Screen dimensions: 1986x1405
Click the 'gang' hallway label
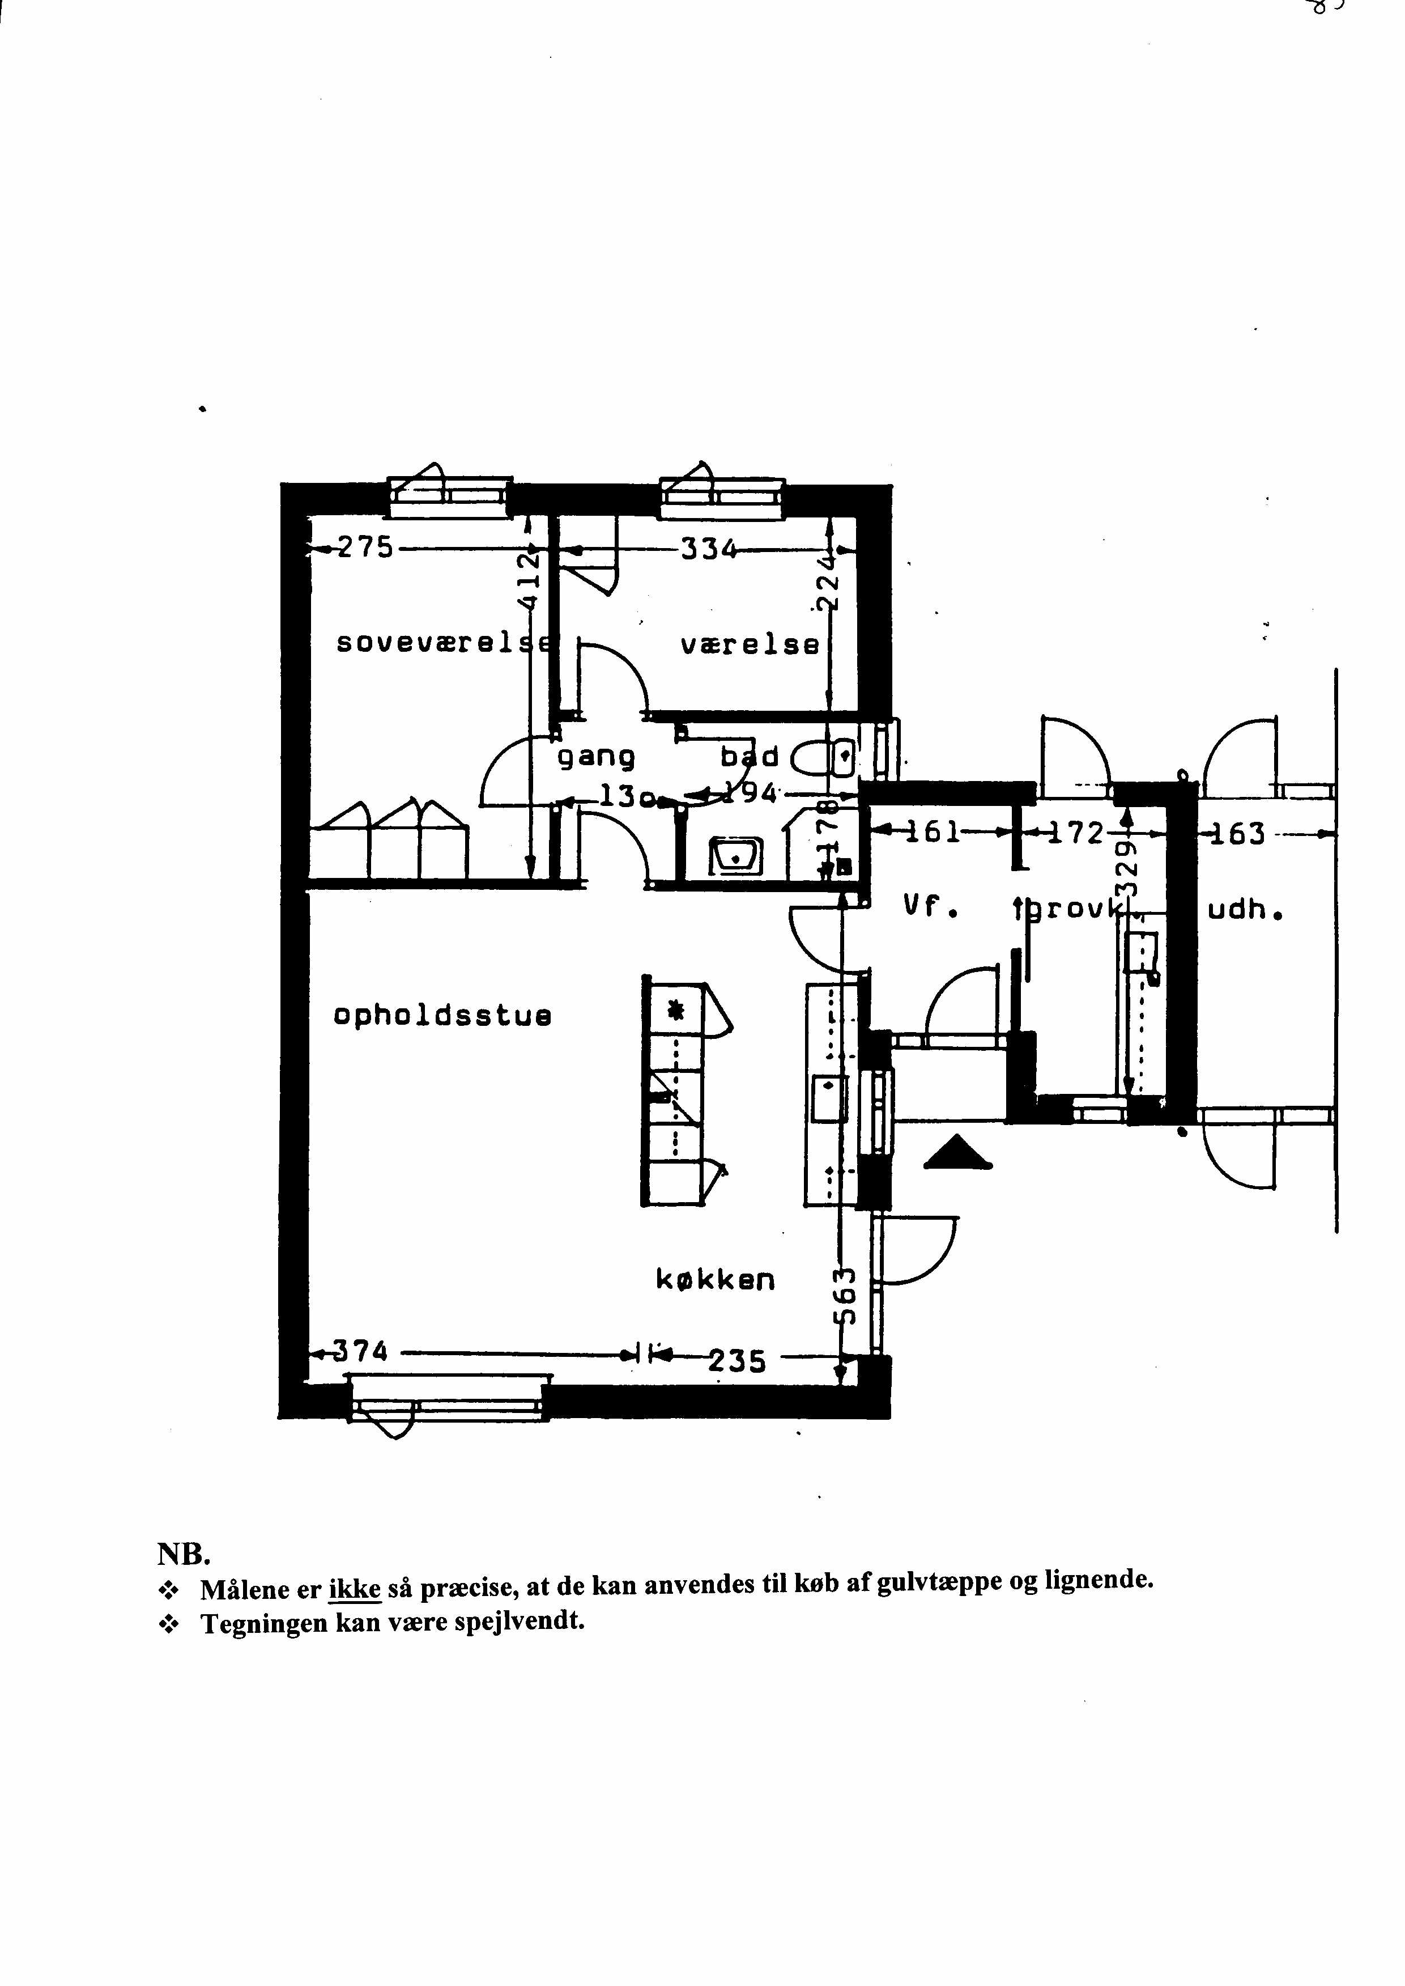point(596,757)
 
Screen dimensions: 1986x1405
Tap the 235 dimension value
point(737,1362)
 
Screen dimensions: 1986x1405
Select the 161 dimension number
point(934,831)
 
